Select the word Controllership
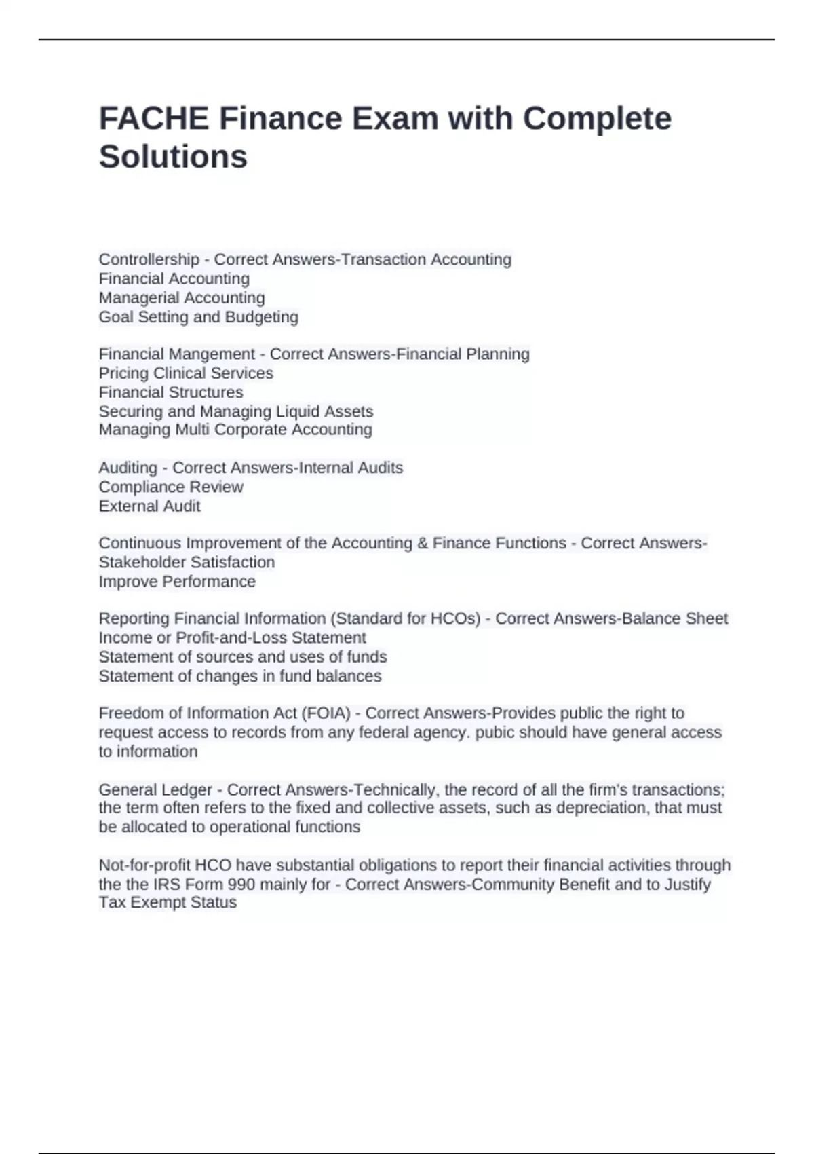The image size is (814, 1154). (x=149, y=259)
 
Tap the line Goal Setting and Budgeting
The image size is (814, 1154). (x=198, y=317)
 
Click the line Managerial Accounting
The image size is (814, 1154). (x=181, y=298)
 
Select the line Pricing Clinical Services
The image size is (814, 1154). (x=185, y=373)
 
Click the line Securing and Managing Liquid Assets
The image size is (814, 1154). (x=235, y=411)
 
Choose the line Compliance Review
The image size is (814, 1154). (x=170, y=487)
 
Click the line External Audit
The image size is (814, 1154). (x=149, y=506)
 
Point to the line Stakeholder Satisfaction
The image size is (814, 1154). (x=187, y=562)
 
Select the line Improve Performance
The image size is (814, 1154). (x=176, y=582)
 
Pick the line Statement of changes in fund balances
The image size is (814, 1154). (x=239, y=676)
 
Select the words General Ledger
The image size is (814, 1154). (x=155, y=789)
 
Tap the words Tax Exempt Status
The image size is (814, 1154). (x=167, y=903)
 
